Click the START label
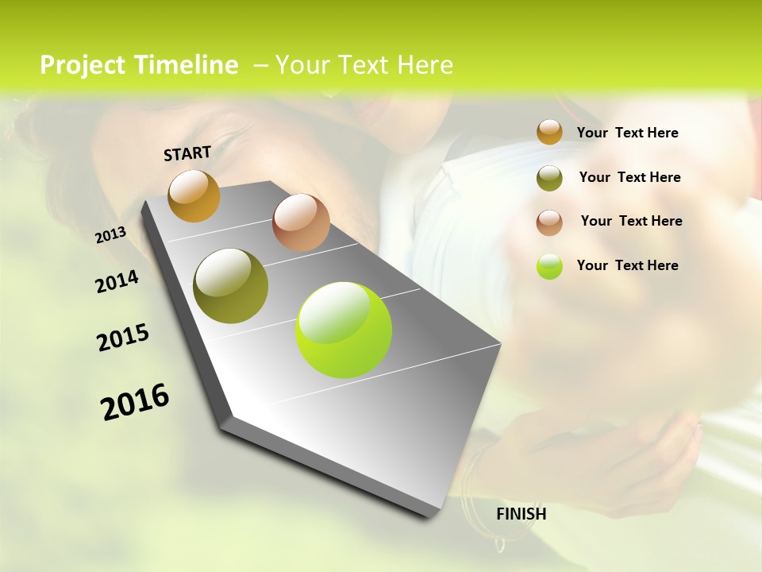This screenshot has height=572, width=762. click(187, 153)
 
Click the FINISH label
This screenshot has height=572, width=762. click(521, 514)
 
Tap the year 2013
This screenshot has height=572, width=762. click(110, 235)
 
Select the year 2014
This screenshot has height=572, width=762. click(117, 282)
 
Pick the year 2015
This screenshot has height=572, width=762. click(123, 338)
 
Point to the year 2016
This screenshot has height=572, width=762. click(135, 402)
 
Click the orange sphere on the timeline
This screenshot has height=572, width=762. click(194, 195)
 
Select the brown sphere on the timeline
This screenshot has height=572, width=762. click(301, 222)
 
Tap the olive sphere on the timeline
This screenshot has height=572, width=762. click(230, 286)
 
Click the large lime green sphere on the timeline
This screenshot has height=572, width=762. click(343, 330)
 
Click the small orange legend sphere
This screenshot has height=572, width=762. click(549, 133)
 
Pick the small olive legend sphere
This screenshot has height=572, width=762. click(549, 177)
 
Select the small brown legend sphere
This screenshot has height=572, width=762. click(549, 222)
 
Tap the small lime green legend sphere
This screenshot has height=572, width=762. click(549, 266)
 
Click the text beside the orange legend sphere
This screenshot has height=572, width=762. click(627, 133)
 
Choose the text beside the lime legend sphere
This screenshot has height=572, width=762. click(627, 265)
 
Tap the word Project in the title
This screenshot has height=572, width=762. click(83, 65)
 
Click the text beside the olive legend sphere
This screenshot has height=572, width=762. click(629, 177)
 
